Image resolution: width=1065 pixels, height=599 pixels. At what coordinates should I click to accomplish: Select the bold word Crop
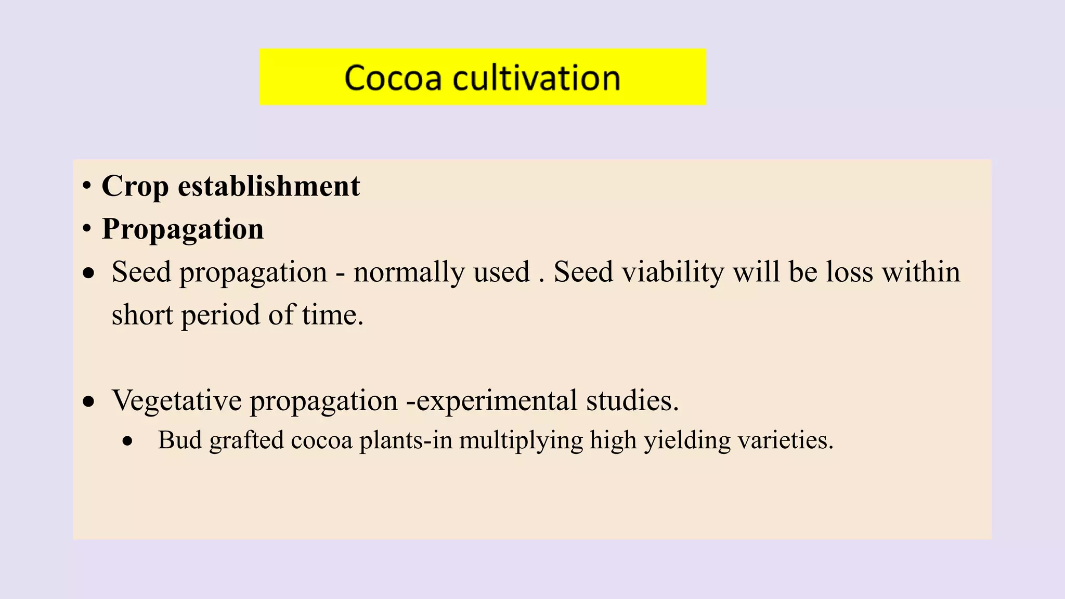coord(135,186)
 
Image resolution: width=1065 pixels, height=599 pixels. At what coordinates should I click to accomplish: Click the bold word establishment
coord(269,186)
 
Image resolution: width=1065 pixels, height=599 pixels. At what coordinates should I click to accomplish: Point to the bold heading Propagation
coord(183,229)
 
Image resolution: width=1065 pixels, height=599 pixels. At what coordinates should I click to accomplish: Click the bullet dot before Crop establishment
coord(87,186)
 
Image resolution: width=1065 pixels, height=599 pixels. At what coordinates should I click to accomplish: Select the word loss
coord(849,272)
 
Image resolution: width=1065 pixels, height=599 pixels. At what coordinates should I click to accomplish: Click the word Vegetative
coord(177,400)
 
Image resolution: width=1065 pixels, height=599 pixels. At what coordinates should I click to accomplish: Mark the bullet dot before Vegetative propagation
coord(89,402)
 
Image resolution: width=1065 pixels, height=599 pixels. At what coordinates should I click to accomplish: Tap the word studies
coord(632,400)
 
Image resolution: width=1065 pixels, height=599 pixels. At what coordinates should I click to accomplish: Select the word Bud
coord(180,440)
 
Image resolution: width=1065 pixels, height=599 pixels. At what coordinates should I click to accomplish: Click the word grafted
coord(246,440)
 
